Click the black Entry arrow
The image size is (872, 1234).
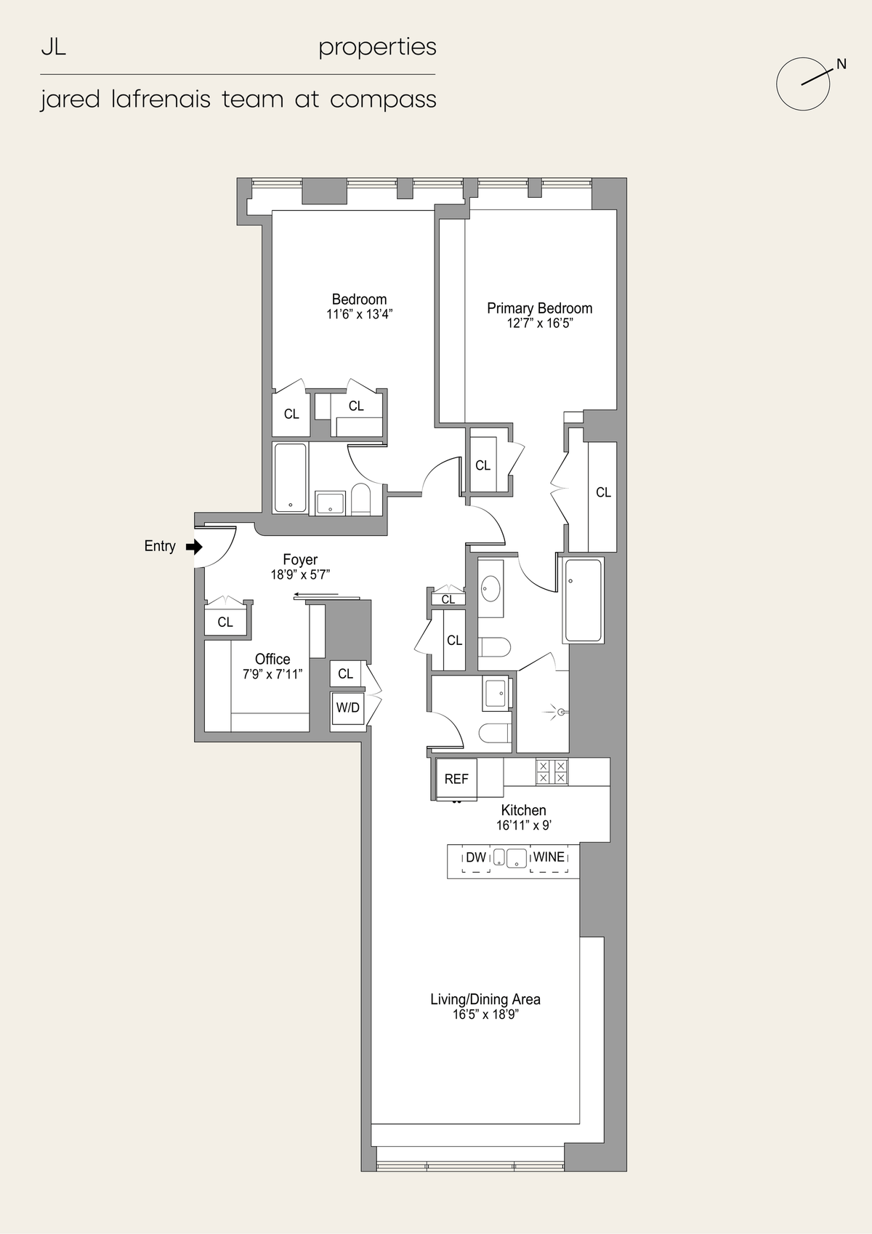tap(194, 547)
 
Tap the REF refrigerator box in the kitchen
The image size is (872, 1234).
tap(456, 779)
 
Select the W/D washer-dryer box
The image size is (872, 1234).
tap(347, 708)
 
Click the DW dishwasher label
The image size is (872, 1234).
tap(476, 857)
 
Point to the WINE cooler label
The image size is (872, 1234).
tap(549, 857)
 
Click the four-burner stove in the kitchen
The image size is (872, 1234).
tap(552, 772)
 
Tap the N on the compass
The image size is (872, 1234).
tap(841, 65)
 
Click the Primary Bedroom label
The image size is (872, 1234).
tap(539, 308)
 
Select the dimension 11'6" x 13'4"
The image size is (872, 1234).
tap(359, 315)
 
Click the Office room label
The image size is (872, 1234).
tap(272, 659)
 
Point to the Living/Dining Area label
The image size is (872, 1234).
tap(485, 999)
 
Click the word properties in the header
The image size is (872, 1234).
tap(377, 49)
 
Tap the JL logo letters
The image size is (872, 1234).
tap(53, 47)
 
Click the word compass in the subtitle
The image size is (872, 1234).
tap(383, 101)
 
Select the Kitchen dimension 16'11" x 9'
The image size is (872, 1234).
tap(523, 825)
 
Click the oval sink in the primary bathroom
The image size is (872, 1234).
tap(490, 589)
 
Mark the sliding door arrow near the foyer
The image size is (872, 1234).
tap(315, 595)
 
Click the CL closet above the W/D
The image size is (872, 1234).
tap(346, 673)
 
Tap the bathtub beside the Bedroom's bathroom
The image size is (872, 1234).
tap(290, 478)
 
